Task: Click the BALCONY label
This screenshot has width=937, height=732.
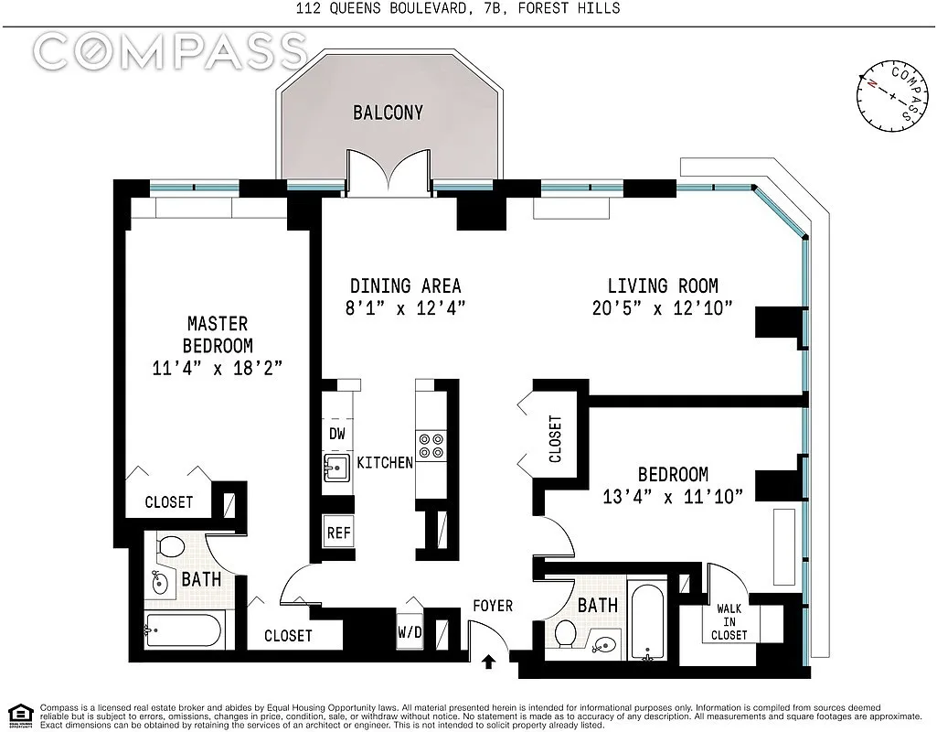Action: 388,113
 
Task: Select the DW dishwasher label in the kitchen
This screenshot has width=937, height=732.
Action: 336,434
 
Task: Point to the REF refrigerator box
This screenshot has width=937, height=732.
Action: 338,533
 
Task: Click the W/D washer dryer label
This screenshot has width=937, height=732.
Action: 410,631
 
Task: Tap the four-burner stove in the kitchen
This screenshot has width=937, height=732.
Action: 431,447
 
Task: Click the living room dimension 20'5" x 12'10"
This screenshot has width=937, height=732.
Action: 663,308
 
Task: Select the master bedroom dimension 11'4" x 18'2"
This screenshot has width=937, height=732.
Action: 217,369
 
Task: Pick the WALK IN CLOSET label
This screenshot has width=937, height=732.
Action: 730,621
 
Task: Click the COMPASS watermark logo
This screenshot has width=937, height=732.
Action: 170,50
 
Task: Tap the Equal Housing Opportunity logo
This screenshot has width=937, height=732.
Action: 17,714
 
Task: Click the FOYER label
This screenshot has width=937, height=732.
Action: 492,606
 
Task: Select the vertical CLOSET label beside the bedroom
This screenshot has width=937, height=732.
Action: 554,439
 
